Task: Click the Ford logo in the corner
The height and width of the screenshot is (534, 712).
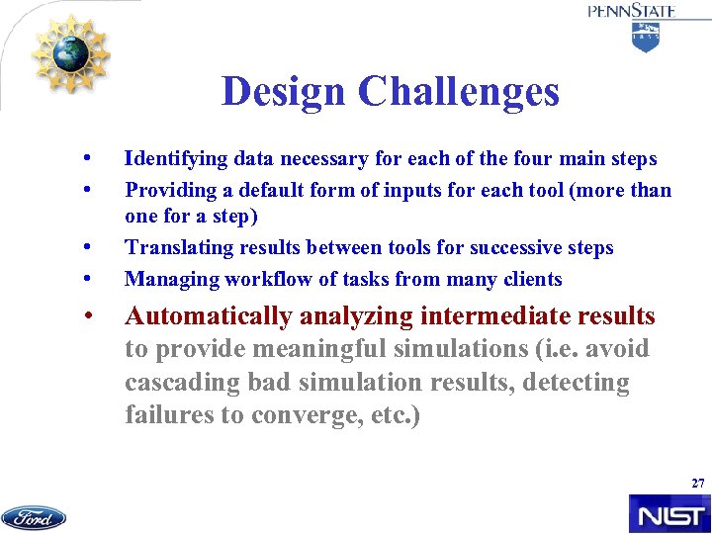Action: pos(34,517)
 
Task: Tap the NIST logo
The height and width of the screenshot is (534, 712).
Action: pos(668,514)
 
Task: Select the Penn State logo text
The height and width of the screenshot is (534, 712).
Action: pos(632,11)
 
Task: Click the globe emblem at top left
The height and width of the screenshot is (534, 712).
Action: pos(71,53)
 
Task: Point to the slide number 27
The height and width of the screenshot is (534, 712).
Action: pos(698,484)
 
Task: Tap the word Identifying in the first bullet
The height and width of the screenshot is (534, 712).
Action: pos(174,158)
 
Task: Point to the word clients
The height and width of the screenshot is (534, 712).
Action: pos(532,279)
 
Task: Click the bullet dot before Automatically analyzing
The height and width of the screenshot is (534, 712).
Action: pos(89,316)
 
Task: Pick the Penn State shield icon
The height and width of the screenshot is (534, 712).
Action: pos(645,37)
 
